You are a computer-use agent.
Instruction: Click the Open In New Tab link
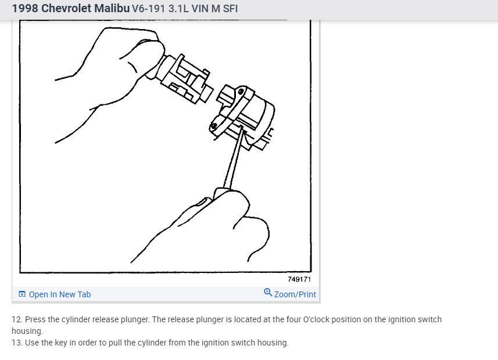tap(60, 294)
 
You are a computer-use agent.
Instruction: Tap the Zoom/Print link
tap(295, 294)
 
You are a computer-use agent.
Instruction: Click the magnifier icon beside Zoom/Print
tap(268, 293)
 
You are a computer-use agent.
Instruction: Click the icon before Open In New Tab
tap(22, 294)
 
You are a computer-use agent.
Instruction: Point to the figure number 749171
tap(299, 279)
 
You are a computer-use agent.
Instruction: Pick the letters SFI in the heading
tap(228, 9)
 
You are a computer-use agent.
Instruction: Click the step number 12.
tap(16, 320)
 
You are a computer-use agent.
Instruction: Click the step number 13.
tap(16, 343)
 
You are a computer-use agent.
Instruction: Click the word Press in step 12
tap(34, 320)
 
